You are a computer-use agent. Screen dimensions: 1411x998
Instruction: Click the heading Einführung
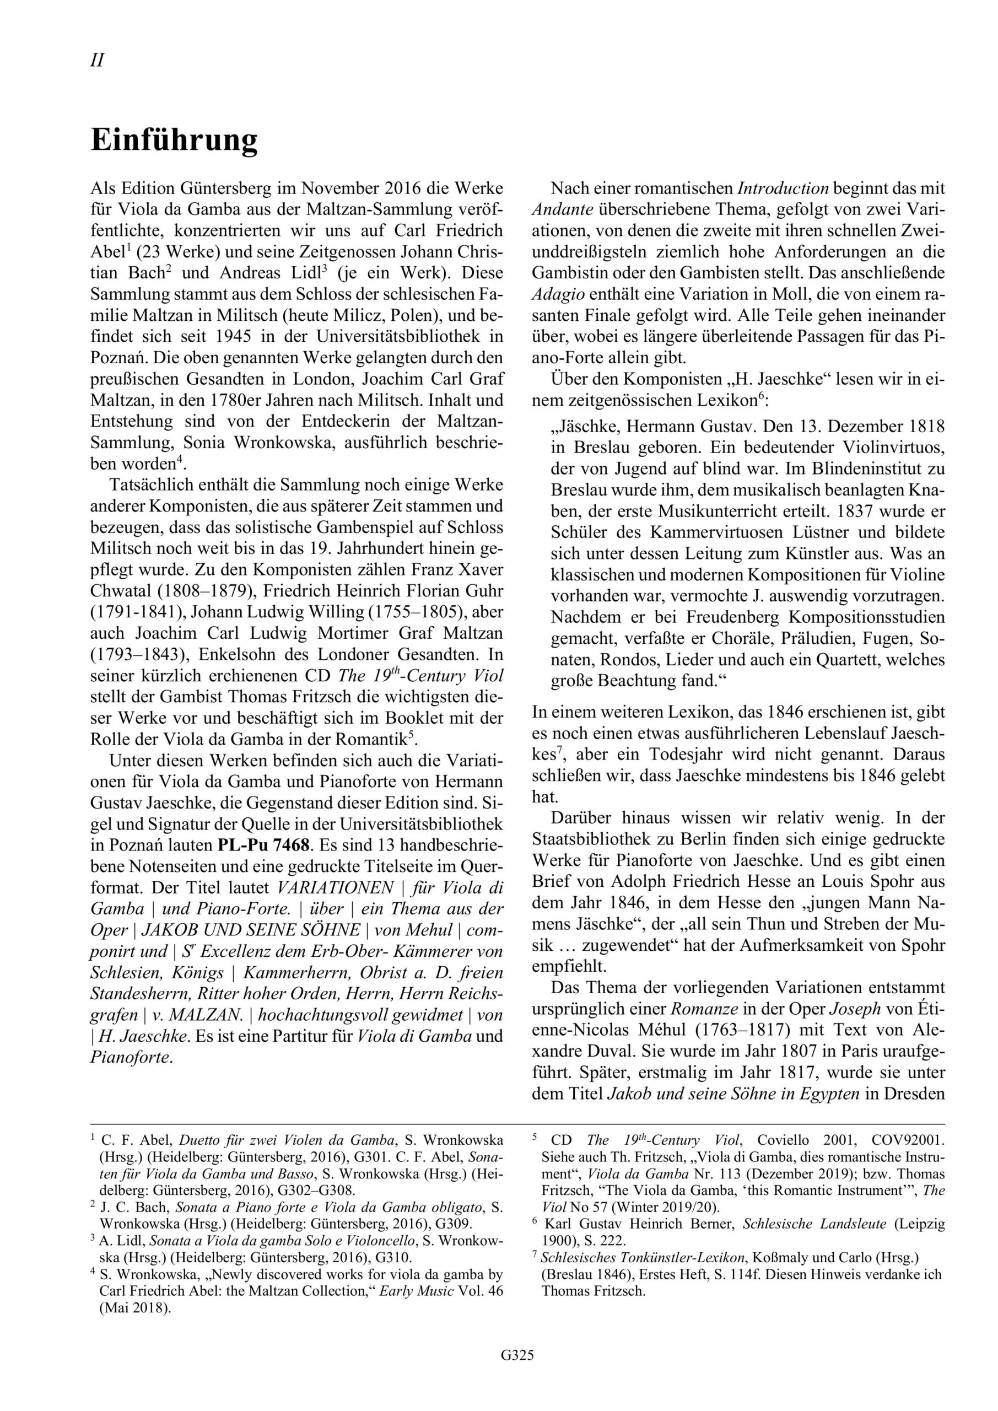(174, 141)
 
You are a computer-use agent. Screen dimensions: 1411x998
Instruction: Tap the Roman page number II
(97, 60)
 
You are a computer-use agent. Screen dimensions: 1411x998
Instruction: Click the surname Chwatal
(123, 590)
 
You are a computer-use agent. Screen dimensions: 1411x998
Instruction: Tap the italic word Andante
(562, 209)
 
